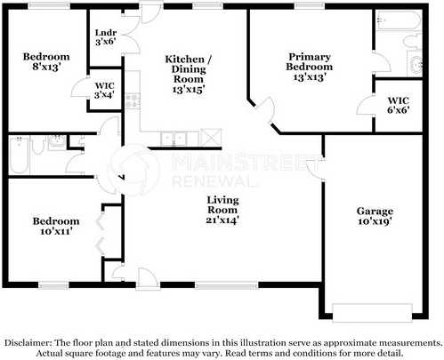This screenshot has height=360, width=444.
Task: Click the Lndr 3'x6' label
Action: click(x=104, y=36)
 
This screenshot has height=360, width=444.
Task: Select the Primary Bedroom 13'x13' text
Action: click(x=310, y=67)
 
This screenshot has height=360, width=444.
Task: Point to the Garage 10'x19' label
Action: click(x=375, y=216)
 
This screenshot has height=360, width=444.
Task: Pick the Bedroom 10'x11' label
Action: click(x=56, y=226)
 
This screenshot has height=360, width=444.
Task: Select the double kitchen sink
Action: click(x=179, y=138)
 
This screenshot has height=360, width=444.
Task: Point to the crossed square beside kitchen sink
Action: click(x=211, y=138)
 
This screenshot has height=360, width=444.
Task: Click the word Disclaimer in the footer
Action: click(x=29, y=342)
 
